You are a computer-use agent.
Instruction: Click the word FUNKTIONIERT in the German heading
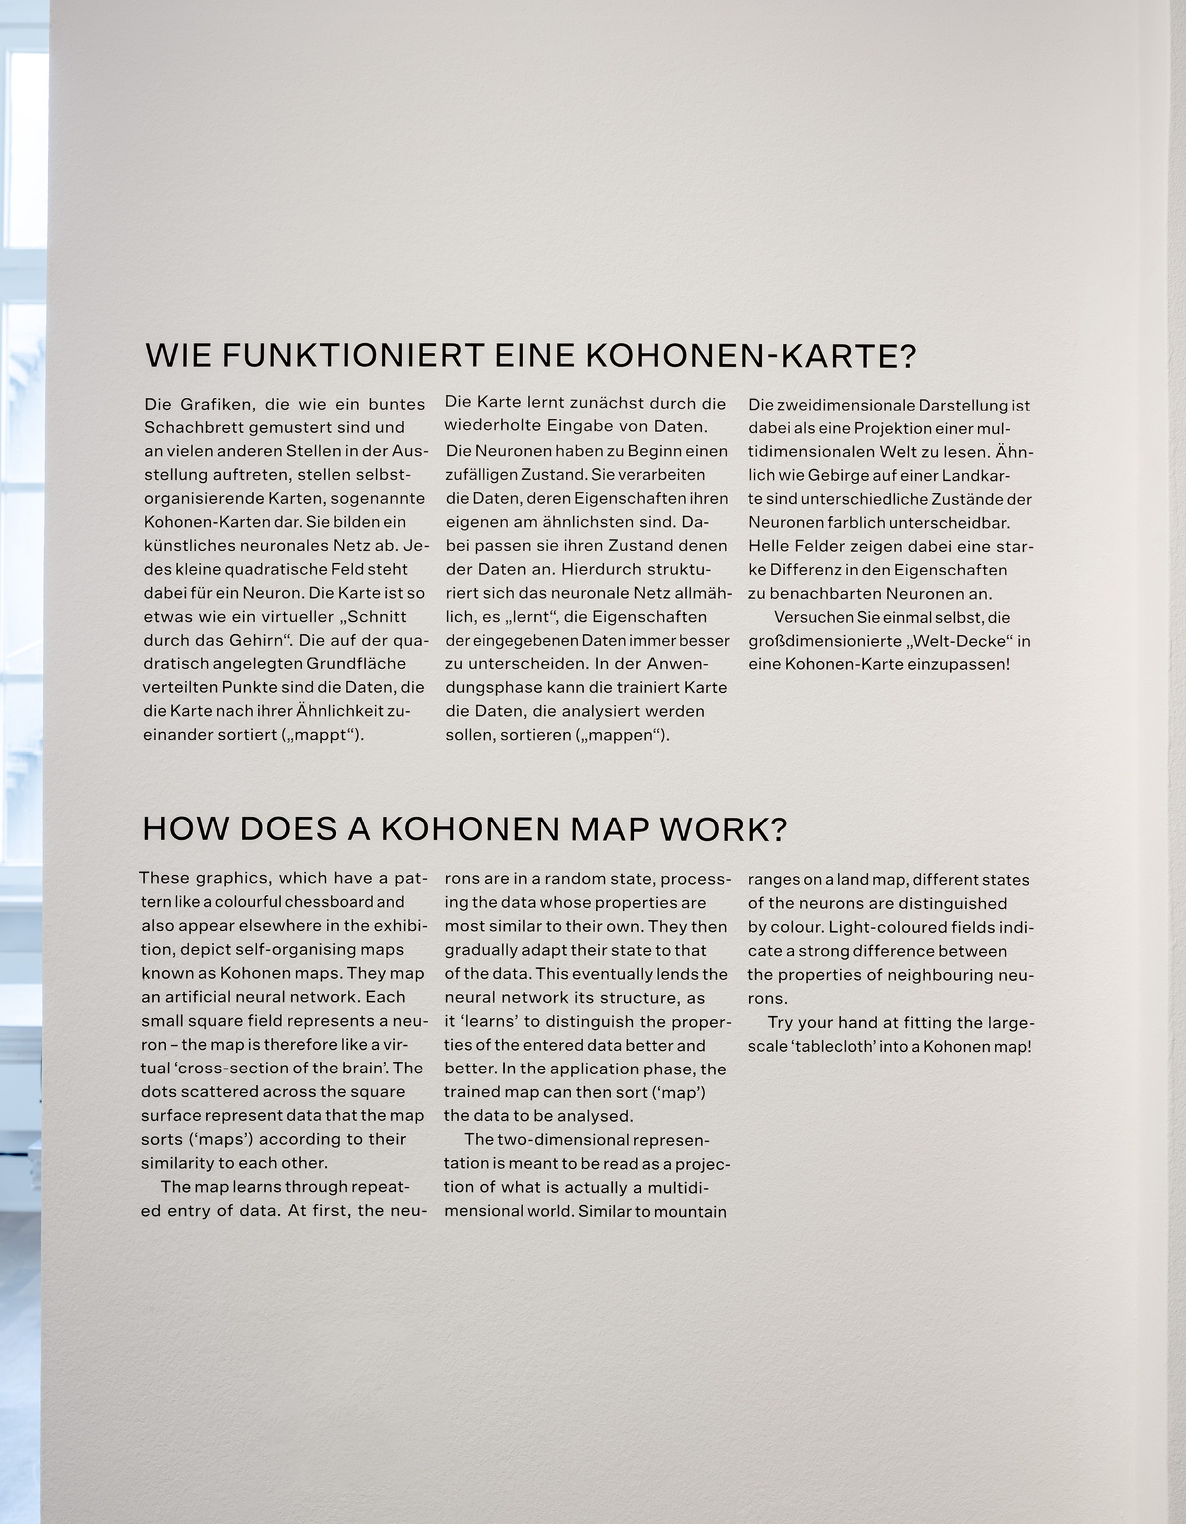[353, 356]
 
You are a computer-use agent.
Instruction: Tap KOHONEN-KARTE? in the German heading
[750, 356]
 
